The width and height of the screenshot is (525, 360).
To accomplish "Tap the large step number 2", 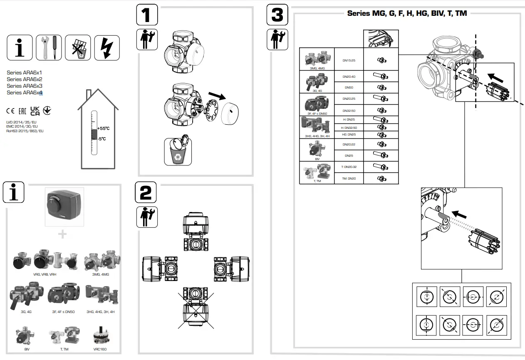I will coord(146,193).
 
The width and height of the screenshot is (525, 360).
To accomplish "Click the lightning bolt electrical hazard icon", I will coord(107,47).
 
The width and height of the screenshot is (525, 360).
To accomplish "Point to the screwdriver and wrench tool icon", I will coord(49,47).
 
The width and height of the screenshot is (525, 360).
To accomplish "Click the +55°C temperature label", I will coord(103,129).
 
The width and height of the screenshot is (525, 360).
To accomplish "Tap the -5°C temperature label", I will coord(102,139).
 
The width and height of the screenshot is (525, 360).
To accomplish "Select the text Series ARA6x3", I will coord(25,86).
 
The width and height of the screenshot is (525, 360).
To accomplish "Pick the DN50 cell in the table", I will coord(349,88).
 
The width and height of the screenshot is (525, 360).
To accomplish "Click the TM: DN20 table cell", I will coord(349,178).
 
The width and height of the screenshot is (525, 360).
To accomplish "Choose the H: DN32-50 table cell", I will coord(349,128).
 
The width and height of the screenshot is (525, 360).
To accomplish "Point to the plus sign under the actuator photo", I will coord(62,234).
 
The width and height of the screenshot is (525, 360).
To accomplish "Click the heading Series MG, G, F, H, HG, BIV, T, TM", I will coord(407,13).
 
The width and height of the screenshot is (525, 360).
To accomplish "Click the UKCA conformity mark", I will coord(35,111).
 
